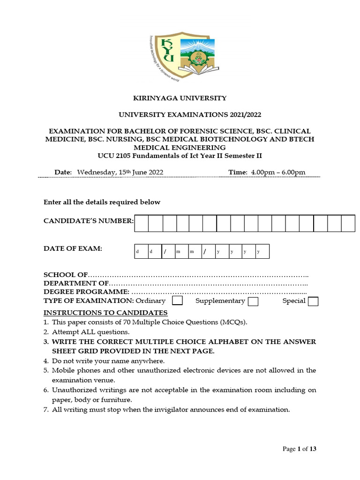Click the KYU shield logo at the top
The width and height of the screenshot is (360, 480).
[180, 55]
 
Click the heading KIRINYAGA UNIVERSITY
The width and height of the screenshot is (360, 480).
[180, 98]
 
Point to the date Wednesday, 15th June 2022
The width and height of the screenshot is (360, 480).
[120, 172]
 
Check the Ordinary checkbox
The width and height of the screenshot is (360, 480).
[178, 300]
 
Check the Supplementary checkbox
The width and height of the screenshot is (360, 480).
[253, 301]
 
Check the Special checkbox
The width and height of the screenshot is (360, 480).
[313, 301]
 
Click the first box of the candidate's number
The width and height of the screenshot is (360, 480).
[142, 224]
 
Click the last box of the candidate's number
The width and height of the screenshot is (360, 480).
[348, 224]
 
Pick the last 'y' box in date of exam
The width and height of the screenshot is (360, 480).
[262, 252]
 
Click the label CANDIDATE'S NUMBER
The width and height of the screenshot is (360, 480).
[88, 221]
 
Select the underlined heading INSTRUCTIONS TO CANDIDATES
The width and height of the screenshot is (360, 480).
[105, 313]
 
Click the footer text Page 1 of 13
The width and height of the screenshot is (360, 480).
[300, 449]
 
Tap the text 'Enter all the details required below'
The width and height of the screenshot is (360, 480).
[102, 202]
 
